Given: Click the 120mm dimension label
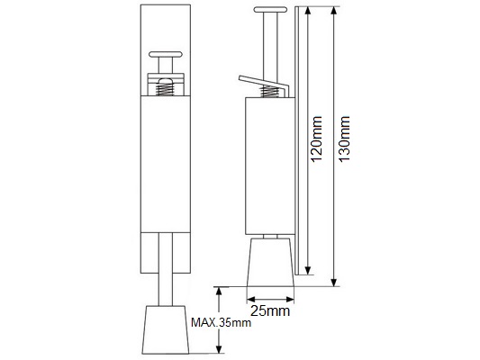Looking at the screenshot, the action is pyautogui.click(x=316, y=139).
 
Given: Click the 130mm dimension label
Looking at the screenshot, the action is pyautogui.click(x=344, y=139).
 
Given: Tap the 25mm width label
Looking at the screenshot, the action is pyautogui.click(x=270, y=311).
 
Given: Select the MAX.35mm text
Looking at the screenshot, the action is pyautogui.click(x=221, y=322).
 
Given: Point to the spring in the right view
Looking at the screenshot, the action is pyautogui.click(x=269, y=91).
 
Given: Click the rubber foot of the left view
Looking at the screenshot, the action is pyautogui.click(x=166, y=329).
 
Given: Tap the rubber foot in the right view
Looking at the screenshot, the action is pyautogui.click(x=270, y=262).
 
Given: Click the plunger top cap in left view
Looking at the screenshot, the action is pyautogui.click(x=166, y=54).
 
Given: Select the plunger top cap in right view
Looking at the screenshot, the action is pyautogui.click(x=270, y=10).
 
